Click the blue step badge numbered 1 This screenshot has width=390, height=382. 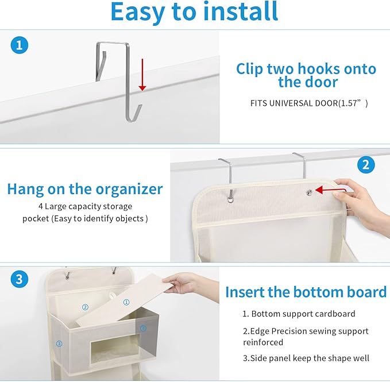coord(20,46)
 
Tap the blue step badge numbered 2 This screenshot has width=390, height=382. coord(366,165)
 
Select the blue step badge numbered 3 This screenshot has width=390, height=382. coord(20,280)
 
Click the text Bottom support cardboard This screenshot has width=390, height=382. coord(303,314)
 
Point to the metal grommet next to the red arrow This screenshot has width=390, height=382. coord(310,192)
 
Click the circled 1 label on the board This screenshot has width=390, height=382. coord(126,302)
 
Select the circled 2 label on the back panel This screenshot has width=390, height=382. coord(85,307)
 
